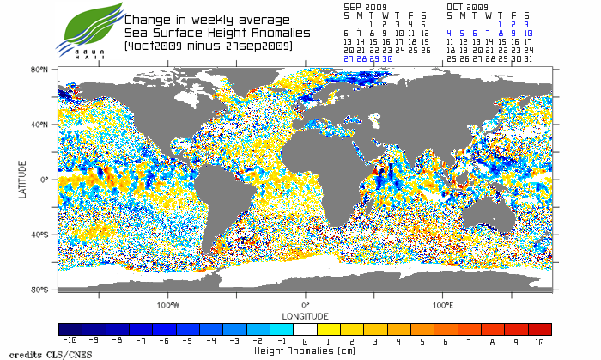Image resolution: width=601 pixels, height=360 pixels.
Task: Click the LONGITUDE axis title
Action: point(305,316)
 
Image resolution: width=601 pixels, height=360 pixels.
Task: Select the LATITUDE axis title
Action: point(23,179)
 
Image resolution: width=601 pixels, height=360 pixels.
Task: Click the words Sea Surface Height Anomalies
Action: point(209,33)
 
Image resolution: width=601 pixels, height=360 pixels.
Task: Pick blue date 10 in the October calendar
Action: point(527,34)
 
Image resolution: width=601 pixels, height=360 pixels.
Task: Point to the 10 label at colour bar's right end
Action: point(540,341)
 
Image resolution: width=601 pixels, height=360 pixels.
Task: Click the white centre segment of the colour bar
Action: point(306,329)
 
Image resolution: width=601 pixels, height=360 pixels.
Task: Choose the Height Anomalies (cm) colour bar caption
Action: point(305,351)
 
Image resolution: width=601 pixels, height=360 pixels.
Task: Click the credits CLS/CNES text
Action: point(38,354)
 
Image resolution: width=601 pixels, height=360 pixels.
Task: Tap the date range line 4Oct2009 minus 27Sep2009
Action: point(209,45)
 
